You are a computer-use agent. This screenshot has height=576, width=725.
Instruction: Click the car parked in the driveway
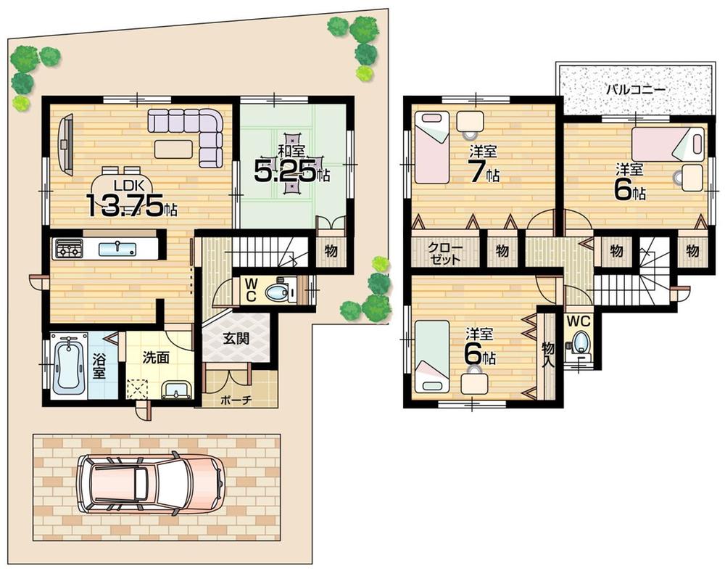150,485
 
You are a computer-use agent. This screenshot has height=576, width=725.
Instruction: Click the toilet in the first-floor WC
277,292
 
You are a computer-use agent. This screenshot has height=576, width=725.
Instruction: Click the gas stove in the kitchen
67,250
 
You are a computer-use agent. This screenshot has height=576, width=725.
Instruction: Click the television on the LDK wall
65,145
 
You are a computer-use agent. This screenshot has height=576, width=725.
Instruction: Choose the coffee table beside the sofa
173,148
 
